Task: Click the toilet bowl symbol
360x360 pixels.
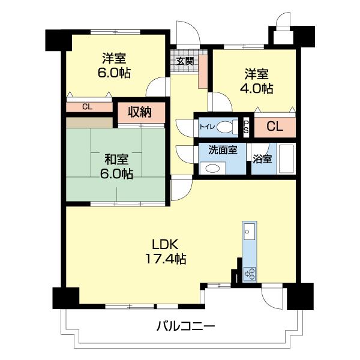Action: [224, 127]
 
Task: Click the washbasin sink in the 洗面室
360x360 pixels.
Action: [212, 169]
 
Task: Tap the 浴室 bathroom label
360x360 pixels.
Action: [262, 160]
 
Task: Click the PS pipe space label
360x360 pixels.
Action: [246, 127]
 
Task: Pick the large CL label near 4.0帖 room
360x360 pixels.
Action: [275, 127]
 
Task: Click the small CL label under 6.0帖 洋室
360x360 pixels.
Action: [87, 107]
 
